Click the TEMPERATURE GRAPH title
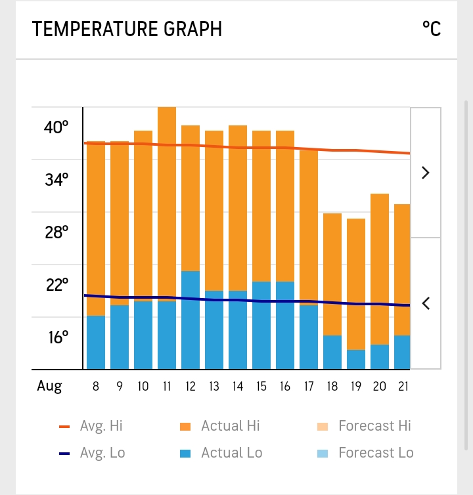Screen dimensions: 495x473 tap(127, 30)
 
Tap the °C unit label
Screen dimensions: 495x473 tap(431, 30)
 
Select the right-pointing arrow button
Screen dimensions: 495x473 tap(425, 173)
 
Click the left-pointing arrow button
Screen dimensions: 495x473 tap(425, 303)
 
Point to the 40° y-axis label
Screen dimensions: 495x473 tap(56, 127)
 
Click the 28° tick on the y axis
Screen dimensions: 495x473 tap(56, 232)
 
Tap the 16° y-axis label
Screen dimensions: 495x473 tap(56, 337)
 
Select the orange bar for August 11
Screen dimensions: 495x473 tap(167, 204)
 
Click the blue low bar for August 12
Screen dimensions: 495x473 tap(191, 320)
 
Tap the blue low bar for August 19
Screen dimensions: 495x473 tap(356, 359)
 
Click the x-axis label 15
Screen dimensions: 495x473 tap(261, 387)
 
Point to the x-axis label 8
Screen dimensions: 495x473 tap(96, 387)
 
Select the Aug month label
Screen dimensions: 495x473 tap(49, 387)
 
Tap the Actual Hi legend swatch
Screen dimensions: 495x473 tap(186, 427)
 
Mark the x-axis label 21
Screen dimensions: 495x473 tap(403, 387)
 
